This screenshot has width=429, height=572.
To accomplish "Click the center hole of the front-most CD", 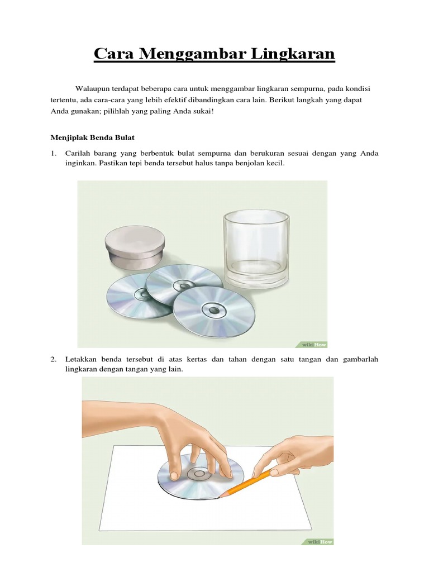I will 213,309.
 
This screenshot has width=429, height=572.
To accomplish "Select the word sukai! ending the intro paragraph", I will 201,112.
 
